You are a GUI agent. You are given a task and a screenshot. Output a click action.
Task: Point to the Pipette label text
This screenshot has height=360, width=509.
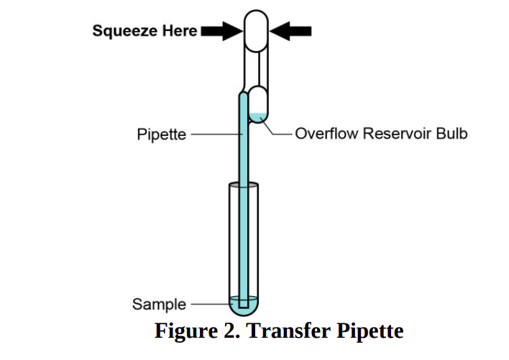click(162, 134)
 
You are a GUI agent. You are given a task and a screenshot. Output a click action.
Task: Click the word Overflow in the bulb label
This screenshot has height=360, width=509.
click(321, 134)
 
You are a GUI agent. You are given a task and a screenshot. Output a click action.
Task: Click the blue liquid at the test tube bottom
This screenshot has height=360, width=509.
click(244, 305)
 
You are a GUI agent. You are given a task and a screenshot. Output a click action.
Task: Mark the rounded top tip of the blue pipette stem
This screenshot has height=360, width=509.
click(244, 93)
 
